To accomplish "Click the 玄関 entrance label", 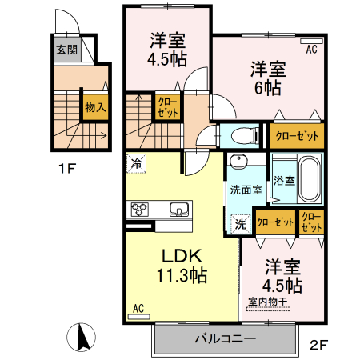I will coord(66,49).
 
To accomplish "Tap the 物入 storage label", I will coord(94,106).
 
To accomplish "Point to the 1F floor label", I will coord(66,170).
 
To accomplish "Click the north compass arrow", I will coord(82,337).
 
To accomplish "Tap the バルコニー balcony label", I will coord(225,338).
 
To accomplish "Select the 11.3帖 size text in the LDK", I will coord(185,274).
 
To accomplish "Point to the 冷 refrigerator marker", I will coord(137,164).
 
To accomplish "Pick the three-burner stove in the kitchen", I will coord(139,210).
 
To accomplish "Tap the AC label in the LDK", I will coord(138,307).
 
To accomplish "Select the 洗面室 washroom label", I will coord(246,190).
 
